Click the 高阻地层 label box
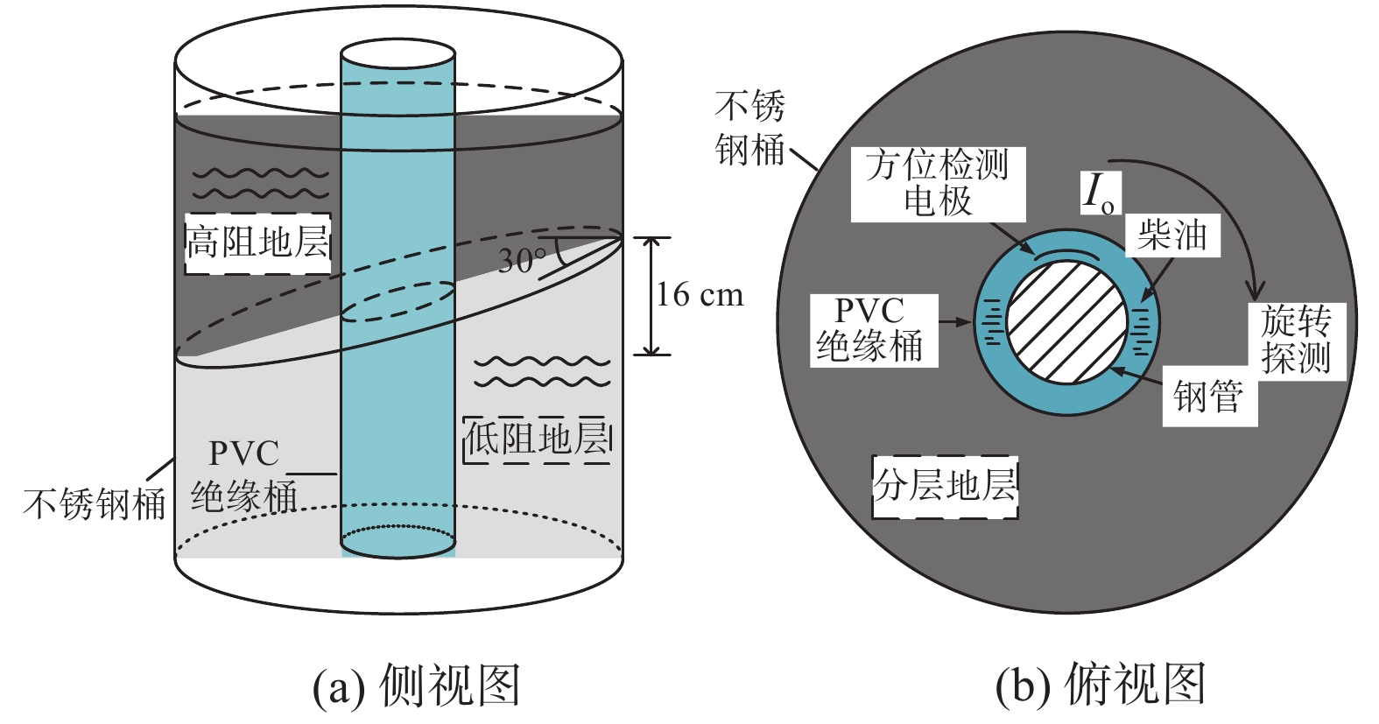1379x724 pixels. pyautogui.click(x=257, y=243)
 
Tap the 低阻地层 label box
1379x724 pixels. pyautogui.click(x=536, y=439)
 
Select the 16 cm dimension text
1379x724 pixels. pyautogui.click(x=700, y=295)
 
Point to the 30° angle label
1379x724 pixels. pyautogui.click(x=522, y=260)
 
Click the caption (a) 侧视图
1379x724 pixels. pyautogui.click(x=417, y=685)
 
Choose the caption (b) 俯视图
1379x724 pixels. pyautogui.click(x=1101, y=685)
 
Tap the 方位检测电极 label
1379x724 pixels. pyautogui.click(x=938, y=183)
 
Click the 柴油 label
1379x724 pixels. pyautogui.click(x=1171, y=235)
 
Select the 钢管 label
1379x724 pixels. pyautogui.click(x=1208, y=397)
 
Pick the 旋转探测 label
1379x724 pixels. pyautogui.click(x=1296, y=340)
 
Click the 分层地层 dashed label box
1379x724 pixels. pyautogui.click(x=946, y=486)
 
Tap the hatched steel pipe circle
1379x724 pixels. pyautogui.click(x=1066, y=321)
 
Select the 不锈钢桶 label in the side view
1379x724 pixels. pyautogui.click(x=95, y=504)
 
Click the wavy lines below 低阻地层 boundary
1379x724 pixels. pyautogui.click(x=541, y=371)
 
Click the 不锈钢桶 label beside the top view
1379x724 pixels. pyautogui.click(x=749, y=129)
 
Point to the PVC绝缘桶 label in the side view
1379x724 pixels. pyautogui.click(x=244, y=475)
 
